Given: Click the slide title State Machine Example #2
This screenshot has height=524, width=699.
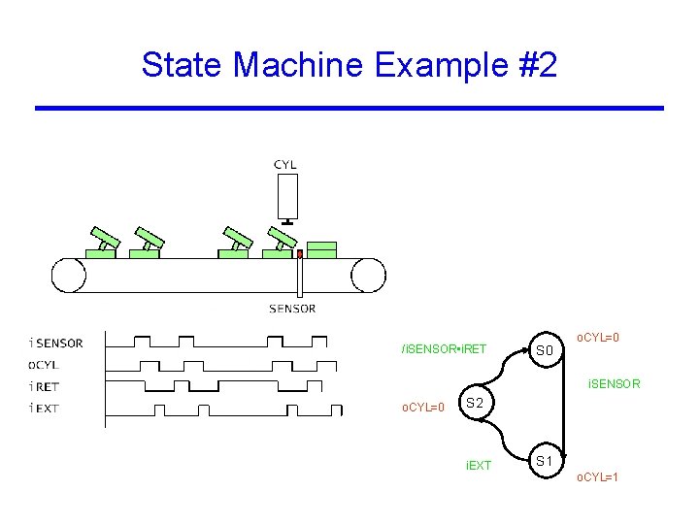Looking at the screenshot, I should point(349,65).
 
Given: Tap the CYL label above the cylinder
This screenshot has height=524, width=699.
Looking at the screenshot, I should point(285,165).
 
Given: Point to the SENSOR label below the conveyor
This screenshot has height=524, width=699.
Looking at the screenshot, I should point(292,309).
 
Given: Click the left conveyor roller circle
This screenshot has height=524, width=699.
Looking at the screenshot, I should point(70,275).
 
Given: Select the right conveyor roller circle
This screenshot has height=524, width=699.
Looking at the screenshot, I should point(369,275).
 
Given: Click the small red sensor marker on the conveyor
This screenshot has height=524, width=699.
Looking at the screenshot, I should point(300,254).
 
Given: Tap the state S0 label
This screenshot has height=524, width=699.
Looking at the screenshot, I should point(544,349).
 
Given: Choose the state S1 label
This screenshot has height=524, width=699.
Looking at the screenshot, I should point(545,460).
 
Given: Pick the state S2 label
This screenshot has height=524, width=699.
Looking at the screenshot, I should point(475,402).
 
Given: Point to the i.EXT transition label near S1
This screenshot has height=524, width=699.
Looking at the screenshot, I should point(479,466).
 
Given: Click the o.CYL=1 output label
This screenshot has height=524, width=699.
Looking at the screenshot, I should point(598,477).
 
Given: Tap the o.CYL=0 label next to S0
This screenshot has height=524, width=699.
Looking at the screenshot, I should point(598,338).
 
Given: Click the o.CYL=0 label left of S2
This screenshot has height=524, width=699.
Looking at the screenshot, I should point(423,407).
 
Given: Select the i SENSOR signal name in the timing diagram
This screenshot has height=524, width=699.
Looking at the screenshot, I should point(56,343).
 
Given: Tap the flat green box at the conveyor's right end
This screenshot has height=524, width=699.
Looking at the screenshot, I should point(321,249).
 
